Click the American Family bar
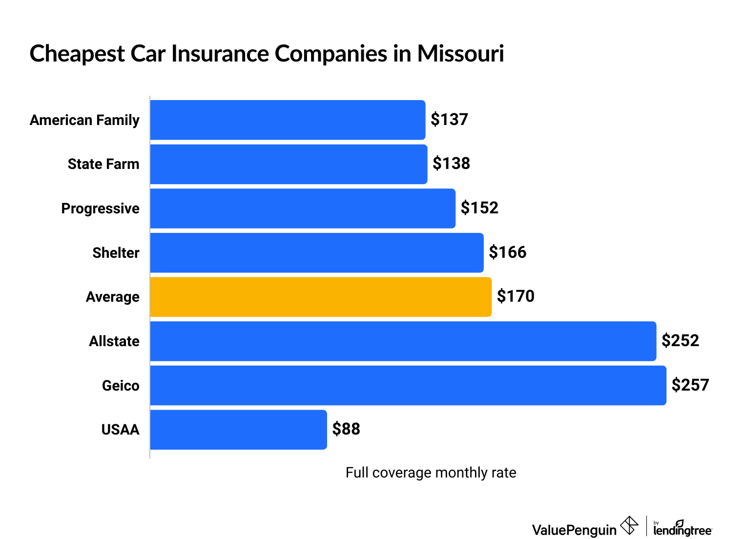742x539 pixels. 288,120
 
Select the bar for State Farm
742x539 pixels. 289,164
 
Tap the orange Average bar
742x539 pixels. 321,297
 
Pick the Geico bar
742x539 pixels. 408,385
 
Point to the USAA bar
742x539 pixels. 238,430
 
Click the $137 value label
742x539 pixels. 449,120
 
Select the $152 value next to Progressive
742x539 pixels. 479,208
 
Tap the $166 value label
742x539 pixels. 508,252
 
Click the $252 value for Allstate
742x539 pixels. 680,341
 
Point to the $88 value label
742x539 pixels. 346,429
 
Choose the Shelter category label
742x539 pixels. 116,253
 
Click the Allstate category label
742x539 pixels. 114,341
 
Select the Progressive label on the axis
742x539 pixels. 100,208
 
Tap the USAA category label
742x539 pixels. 120,430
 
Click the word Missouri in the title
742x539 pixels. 460,53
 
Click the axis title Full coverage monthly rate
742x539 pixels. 431,473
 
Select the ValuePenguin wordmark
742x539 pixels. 574,530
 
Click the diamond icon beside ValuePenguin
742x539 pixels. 629,526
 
